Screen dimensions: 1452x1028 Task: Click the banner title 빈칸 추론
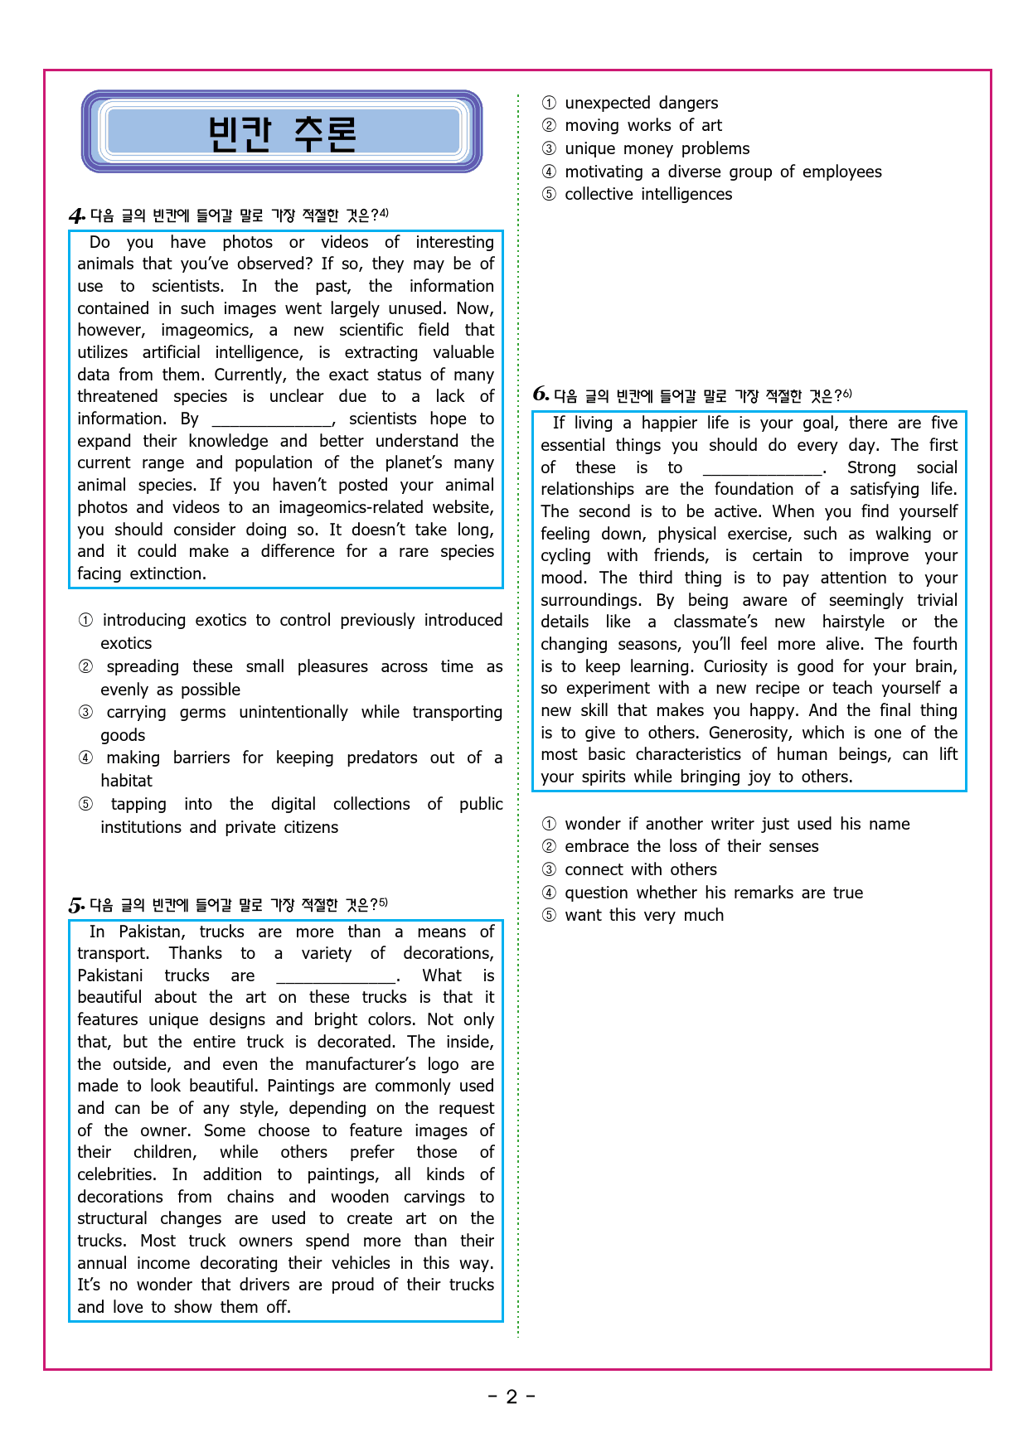click(x=282, y=133)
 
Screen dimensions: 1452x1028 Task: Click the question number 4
click(x=76, y=216)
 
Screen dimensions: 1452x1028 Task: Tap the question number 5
click(x=76, y=905)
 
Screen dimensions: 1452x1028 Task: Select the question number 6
click(x=541, y=394)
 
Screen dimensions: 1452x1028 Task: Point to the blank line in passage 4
click(x=272, y=420)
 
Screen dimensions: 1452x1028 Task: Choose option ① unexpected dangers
click(x=641, y=103)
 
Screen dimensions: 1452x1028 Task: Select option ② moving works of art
click(x=642, y=125)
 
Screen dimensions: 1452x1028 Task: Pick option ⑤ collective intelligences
click(x=648, y=194)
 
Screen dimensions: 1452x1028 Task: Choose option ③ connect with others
click(x=640, y=869)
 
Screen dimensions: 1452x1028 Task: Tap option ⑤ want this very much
click(x=643, y=915)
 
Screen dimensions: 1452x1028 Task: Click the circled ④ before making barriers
click(x=85, y=758)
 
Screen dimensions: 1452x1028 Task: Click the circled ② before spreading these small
click(x=85, y=667)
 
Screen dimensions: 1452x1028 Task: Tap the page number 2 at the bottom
click(x=512, y=1397)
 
